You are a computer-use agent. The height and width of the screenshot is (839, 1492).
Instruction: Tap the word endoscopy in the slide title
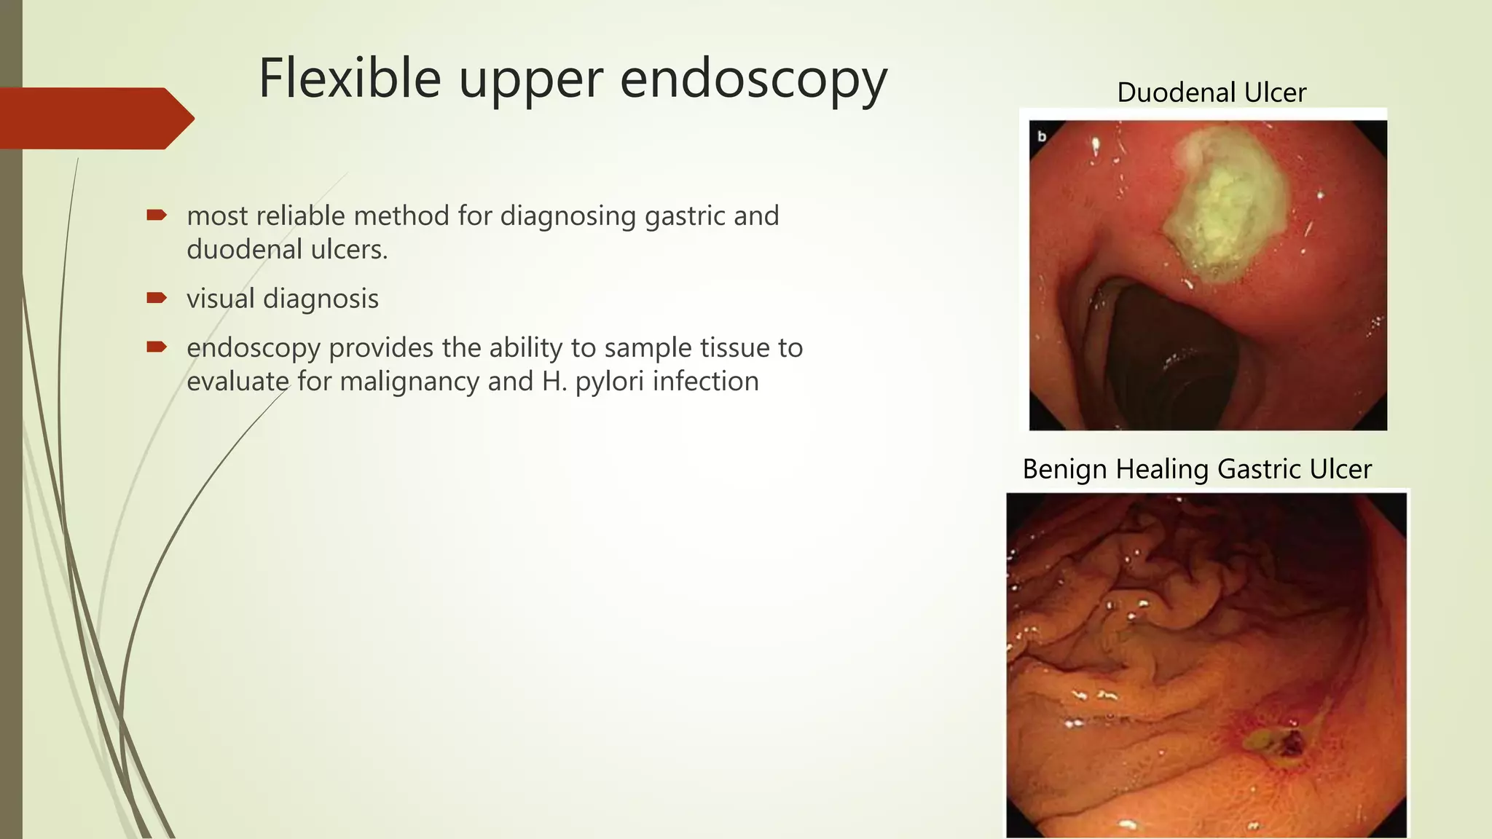753,80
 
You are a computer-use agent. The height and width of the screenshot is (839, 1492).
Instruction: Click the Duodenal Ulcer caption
1211,92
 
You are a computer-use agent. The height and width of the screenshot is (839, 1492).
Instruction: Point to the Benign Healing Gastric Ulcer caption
1196,469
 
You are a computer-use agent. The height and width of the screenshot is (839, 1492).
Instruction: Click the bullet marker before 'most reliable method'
157,215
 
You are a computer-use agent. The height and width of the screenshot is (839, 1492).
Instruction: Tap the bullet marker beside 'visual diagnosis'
157,298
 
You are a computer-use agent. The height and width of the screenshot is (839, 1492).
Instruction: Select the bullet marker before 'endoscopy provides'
157,347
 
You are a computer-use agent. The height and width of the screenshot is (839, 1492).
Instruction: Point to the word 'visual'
221,299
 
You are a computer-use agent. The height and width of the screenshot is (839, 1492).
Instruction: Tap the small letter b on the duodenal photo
1042,136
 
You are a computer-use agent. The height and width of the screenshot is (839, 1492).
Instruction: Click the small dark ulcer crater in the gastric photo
1292,744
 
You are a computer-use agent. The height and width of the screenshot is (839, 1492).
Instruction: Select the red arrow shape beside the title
95,118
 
